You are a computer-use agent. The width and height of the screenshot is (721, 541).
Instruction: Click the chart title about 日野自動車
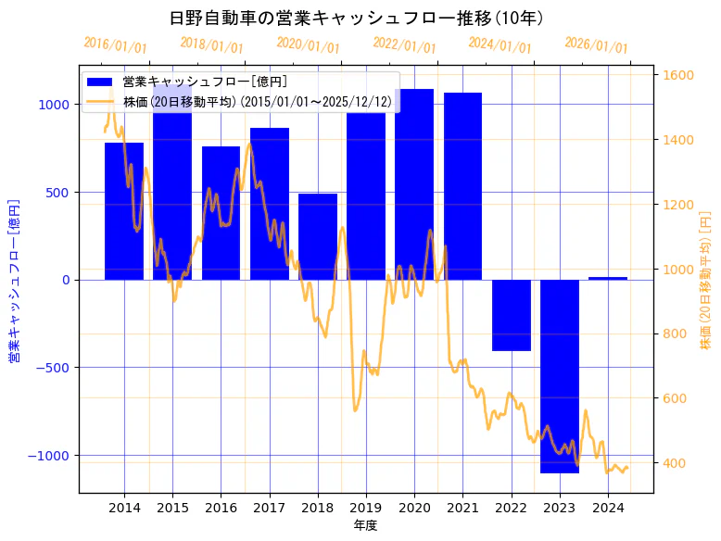click(x=356, y=18)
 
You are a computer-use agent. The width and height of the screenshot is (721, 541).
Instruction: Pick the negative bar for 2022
click(x=511, y=315)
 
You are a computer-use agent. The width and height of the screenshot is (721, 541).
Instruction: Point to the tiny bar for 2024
click(x=608, y=278)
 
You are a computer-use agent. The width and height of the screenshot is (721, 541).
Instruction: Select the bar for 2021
click(x=462, y=185)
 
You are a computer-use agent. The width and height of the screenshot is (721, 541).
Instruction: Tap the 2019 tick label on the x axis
click(x=366, y=507)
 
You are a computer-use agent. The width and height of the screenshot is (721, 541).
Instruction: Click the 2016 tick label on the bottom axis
click(x=221, y=507)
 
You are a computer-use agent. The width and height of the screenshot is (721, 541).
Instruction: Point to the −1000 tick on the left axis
click(x=52, y=456)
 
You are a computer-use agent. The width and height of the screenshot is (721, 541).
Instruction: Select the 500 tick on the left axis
click(x=59, y=193)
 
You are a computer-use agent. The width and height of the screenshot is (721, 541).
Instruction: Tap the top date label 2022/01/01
click(x=404, y=45)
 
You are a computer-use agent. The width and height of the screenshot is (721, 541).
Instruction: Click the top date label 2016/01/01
click(x=115, y=45)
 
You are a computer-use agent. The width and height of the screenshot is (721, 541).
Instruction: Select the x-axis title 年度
click(x=365, y=525)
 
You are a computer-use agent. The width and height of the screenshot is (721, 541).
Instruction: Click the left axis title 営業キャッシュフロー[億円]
click(x=14, y=280)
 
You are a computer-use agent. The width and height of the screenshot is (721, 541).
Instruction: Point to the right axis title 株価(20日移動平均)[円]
click(x=705, y=280)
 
